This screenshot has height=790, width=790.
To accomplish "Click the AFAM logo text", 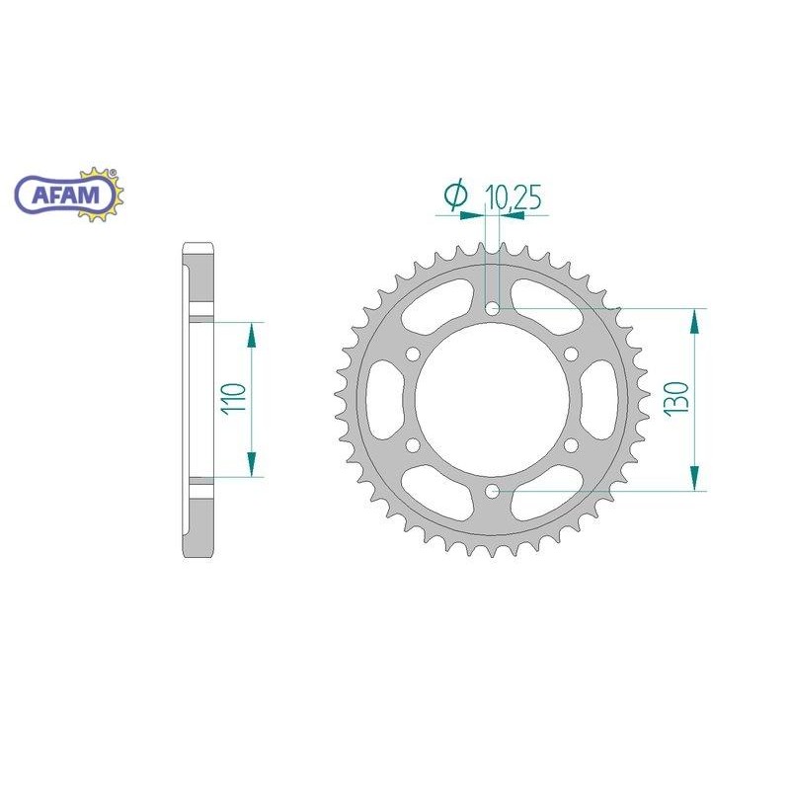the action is tap(66, 195).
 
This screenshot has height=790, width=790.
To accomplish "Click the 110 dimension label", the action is tap(235, 398).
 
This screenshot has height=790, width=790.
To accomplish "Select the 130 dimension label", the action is tap(676, 399).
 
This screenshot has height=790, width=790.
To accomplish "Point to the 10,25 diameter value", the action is tap(513, 197).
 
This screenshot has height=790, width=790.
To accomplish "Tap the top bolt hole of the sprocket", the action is tap(492, 308).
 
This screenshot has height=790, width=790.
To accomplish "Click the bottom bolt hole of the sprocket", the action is tap(492, 490).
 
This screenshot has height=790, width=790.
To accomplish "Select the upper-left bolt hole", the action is tap(413, 354).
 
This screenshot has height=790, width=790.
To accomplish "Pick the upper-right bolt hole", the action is tap(571, 354).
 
